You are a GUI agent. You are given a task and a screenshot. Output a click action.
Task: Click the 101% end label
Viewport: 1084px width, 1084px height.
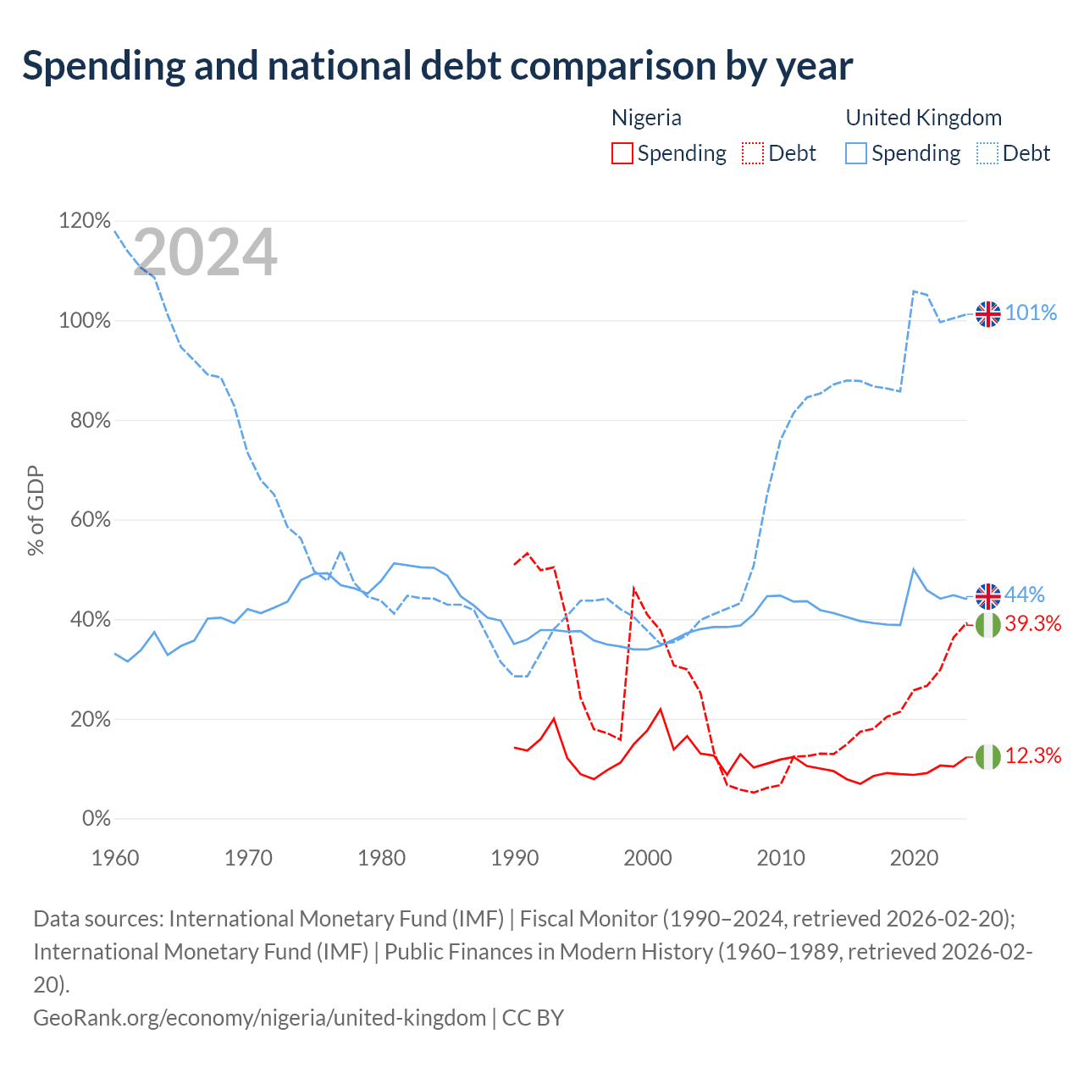pyautogui.click(x=1031, y=312)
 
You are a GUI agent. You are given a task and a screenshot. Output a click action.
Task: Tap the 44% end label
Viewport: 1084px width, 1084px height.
pyautogui.click(x=1025, y=594)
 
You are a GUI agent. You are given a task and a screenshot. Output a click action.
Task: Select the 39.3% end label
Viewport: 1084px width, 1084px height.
pyautogui.click(x=1033, y=623)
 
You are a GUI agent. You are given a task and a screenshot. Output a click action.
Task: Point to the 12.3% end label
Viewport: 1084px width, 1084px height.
pyautogui.click(x=1033, y=755)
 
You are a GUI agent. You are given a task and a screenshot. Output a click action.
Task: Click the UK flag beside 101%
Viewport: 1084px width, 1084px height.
pyautogui.click(x=987, y=314)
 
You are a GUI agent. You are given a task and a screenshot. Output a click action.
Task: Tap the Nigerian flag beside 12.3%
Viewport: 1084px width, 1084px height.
pyautogui.click(x=987, y=756)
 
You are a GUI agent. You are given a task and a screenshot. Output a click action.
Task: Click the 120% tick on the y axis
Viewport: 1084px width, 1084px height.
pyautogui.click(x=85, y=220)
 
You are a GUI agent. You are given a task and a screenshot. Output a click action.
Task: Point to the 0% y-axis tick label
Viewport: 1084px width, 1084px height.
pyautogui.click(x=97, y=818)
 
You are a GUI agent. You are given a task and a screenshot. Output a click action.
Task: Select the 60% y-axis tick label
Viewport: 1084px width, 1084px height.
pyautogui.click(x=90, y=519)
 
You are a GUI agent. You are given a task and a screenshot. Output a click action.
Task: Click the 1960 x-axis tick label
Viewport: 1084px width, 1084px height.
pyautogui.click(x=115, y=858)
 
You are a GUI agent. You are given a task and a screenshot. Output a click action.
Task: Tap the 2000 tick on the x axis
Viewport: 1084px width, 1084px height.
pyautogui.click(x=648, y=858)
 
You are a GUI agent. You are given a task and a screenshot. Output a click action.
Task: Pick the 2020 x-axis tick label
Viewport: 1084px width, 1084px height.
pyautogui.click(x=914, y=858)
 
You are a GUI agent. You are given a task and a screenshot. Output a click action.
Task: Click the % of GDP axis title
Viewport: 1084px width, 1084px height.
pyautogui.click(x=36, y=510)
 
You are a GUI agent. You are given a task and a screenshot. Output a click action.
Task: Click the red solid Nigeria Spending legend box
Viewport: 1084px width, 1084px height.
pyautogui.click(x=622, y=153)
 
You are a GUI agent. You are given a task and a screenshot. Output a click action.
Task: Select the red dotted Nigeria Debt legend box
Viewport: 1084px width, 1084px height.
pyautogui.click(x=753, y=153)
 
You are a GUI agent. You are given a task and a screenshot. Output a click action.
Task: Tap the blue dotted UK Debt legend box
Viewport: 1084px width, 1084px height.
pyautogui.click(x=987, y=153)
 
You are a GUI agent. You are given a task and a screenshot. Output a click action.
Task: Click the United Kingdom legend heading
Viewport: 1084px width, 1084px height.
pyautogui.click(x=924, y=118)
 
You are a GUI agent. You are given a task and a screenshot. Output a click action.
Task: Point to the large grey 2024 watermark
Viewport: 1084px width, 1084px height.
pyautogui.click(x=205, y=252)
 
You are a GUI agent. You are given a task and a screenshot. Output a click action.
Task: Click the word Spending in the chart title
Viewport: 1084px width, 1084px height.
pyautogui.click(x=104, y=66)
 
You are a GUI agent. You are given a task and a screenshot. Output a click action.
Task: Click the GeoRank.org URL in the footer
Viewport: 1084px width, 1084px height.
pyautogui.click(x=259, y=1018)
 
